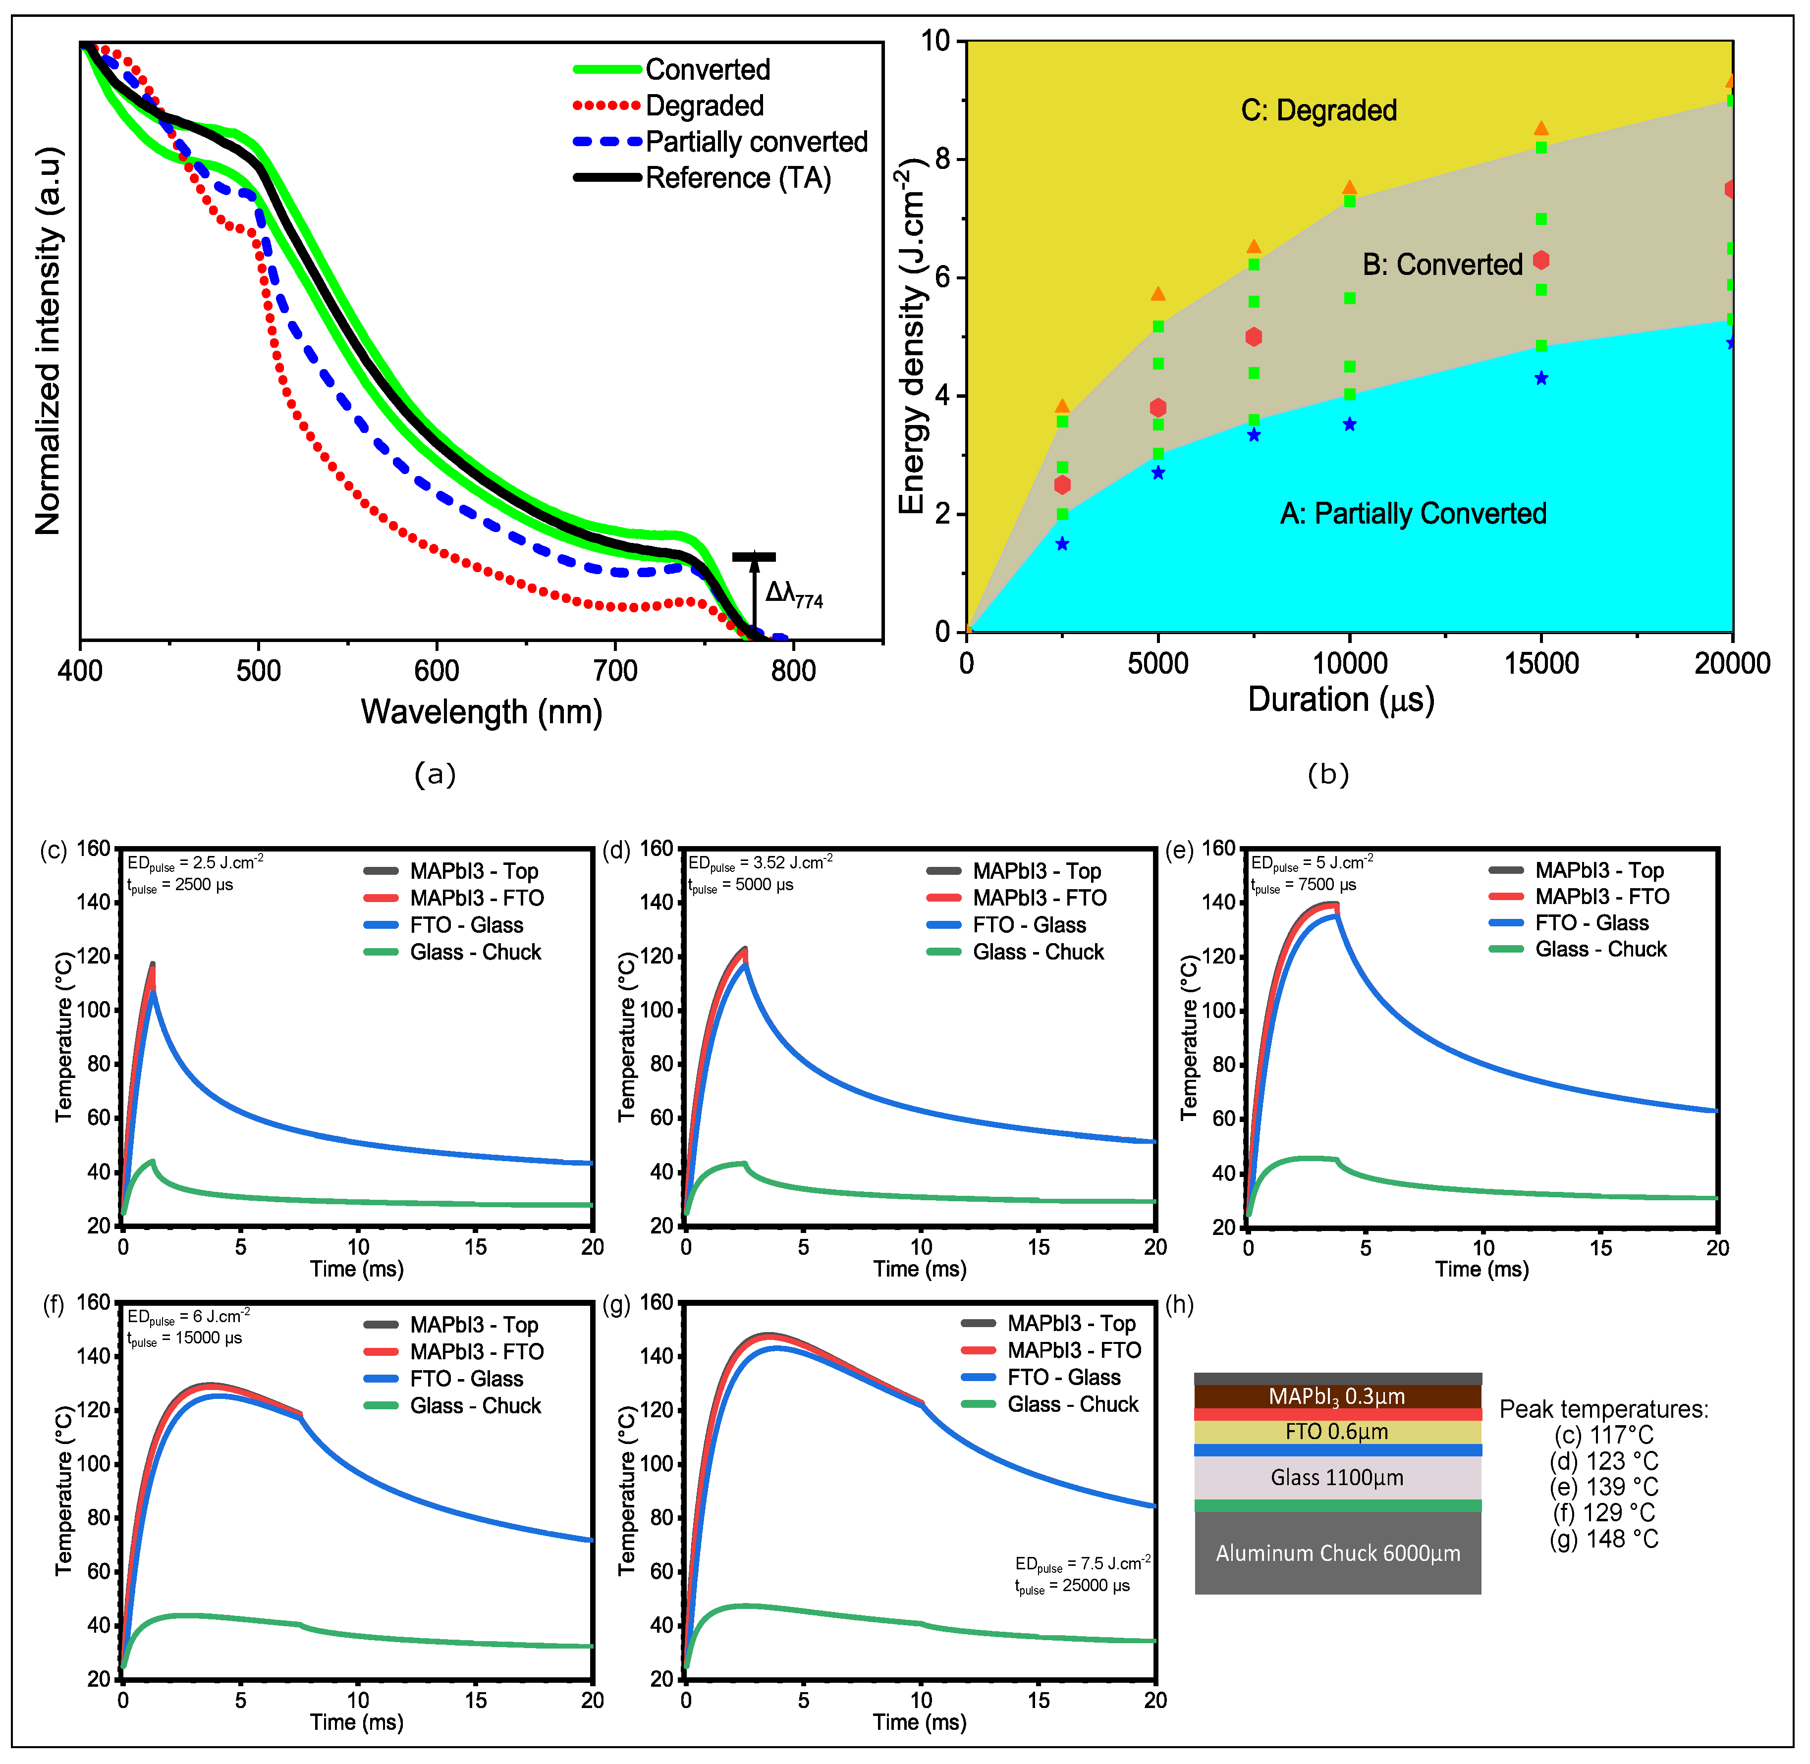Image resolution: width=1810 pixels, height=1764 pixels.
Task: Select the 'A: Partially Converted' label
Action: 1413,513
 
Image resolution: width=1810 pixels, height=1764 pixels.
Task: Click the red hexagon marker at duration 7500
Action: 1253,337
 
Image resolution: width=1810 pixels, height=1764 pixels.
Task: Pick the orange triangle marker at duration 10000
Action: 1349,188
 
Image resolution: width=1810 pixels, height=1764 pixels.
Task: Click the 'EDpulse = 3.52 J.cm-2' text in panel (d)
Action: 760,862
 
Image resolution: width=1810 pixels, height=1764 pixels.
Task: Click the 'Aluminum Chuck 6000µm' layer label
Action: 1337,1553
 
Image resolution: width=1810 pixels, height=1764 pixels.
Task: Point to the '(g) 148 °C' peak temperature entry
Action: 1603,1539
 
